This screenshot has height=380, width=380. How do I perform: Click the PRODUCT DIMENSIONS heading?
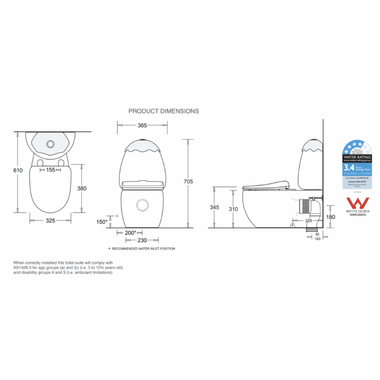click(x=163, y=111)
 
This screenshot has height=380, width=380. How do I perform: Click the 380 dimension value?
click(x=82, y=188)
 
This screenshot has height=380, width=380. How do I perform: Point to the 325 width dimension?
click(x=50, y=220)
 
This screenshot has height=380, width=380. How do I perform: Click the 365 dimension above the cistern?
click(x=142, y=125)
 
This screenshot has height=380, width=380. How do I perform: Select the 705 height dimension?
click(x=188, y=181)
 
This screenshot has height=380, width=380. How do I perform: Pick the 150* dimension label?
click(x=102, y=222)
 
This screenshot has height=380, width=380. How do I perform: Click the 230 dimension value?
click(x=142, y=240)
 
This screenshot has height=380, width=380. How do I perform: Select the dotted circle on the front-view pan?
click(x=142, y=205)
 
